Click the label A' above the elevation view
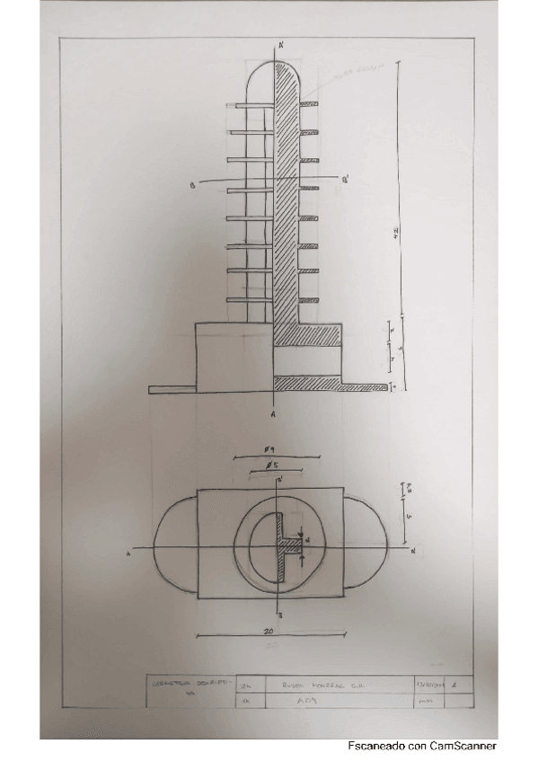pos(282,44)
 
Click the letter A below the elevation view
pos(272,416)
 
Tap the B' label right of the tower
pos(347,181)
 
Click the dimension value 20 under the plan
pos(268,632)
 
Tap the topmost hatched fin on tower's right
pos(308,105)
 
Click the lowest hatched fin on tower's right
pos(308,299)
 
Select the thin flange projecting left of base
pos(172,389)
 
